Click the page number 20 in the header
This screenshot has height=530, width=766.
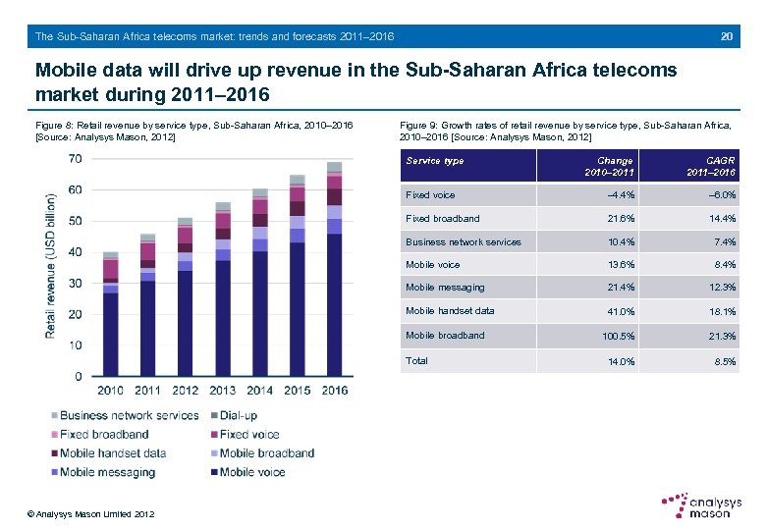point(727,36)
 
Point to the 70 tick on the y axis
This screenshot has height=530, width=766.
point(75,159)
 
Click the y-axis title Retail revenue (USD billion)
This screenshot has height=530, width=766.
point(50,265)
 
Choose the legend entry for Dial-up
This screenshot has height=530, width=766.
point(240,415)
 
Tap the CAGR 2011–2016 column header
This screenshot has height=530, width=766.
point(713,166)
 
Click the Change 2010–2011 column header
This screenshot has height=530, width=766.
point(615,166)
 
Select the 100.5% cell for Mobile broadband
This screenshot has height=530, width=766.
point(615,337)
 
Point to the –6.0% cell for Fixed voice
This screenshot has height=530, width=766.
point(720,195)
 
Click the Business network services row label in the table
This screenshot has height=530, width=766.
point(464,241)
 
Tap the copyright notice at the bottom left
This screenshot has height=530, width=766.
point(90,514)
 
